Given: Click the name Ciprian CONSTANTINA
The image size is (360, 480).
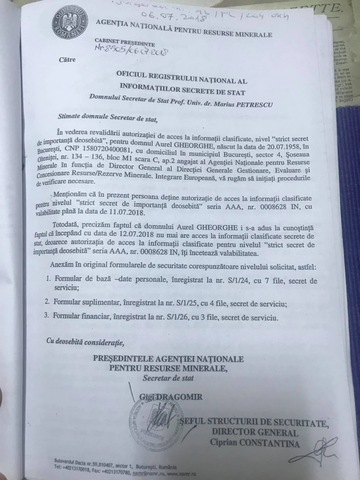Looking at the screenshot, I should (255, 442).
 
